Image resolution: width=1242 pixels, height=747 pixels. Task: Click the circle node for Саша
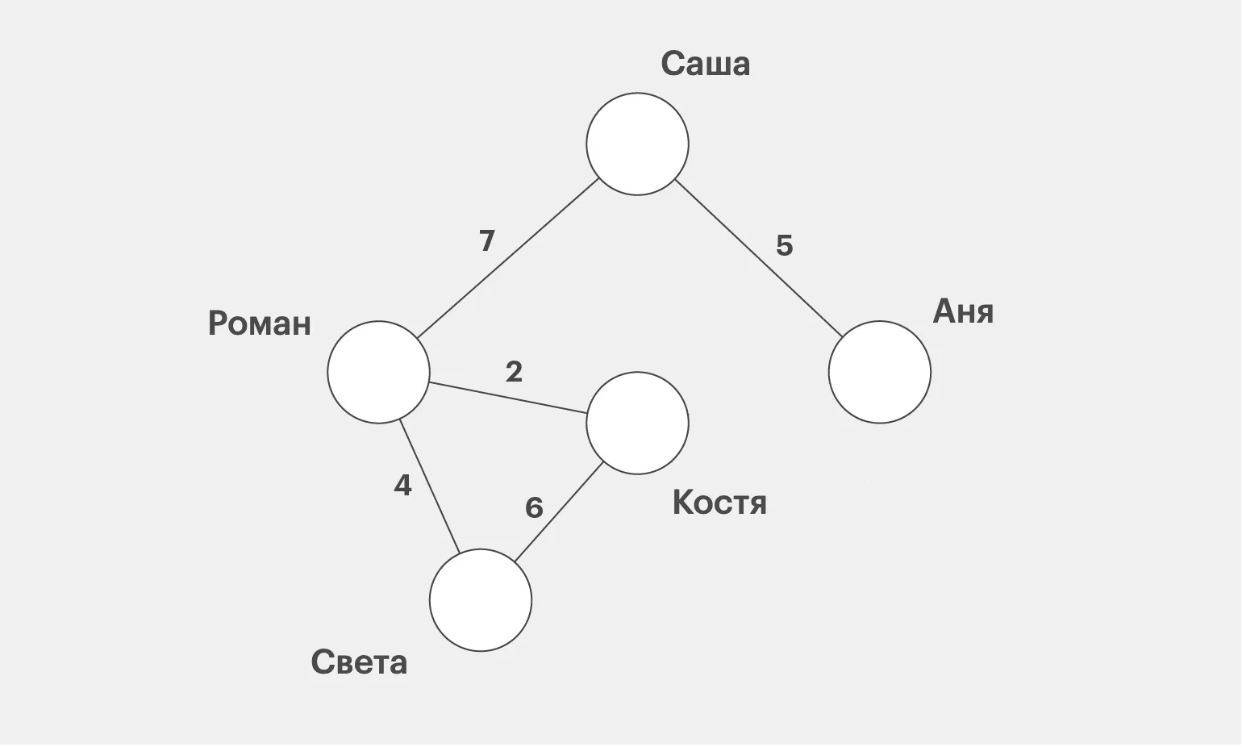pos(637,144)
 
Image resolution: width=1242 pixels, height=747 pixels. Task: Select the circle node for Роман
pos(378,372)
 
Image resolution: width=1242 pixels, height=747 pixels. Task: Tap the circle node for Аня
pos(879,372)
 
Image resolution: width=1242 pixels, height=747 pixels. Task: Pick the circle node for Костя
pos(637,423)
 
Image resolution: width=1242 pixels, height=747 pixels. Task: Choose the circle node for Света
pos(481,600)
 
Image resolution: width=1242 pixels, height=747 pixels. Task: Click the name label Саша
pos(705,64)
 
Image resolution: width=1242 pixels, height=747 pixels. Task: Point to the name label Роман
pos(259,323)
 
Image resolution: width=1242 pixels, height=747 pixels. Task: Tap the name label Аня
pos(963,311)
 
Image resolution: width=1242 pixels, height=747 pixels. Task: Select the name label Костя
pos(719,503)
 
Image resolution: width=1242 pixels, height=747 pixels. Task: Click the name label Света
pos(359,663)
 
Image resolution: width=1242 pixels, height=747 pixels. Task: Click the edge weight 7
pos(486,241)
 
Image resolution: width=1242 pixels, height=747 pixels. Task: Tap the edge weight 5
pos(784,245)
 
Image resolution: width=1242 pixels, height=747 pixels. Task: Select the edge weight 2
pos(514,372)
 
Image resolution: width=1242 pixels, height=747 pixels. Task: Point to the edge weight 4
pos(402,486)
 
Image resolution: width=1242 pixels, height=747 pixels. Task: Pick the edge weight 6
pos(534,508)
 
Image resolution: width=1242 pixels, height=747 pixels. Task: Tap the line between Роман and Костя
pos(508,398)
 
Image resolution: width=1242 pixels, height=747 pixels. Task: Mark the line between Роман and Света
pos(429,486)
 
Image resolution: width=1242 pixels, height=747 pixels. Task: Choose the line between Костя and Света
pos(560,511)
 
